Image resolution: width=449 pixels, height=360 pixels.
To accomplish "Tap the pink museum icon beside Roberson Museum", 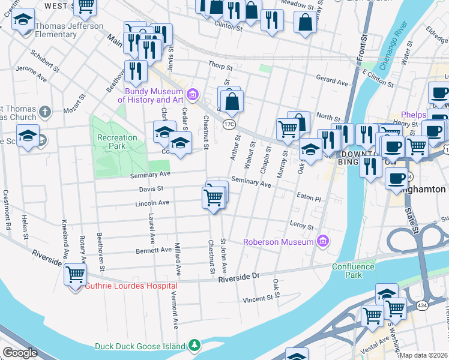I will pos(324,241).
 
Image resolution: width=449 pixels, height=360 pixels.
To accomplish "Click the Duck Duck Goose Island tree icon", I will pos(194,346).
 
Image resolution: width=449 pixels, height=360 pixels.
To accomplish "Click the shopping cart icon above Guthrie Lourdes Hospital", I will pos(76,274).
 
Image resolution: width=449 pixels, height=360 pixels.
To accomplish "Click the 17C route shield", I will pos(229,124).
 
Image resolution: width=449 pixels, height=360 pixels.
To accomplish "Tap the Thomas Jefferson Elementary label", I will pos(69,30).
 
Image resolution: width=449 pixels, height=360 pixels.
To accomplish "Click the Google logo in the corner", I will pos(20,353).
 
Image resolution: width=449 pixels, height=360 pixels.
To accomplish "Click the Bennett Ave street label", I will pos(154,250).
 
